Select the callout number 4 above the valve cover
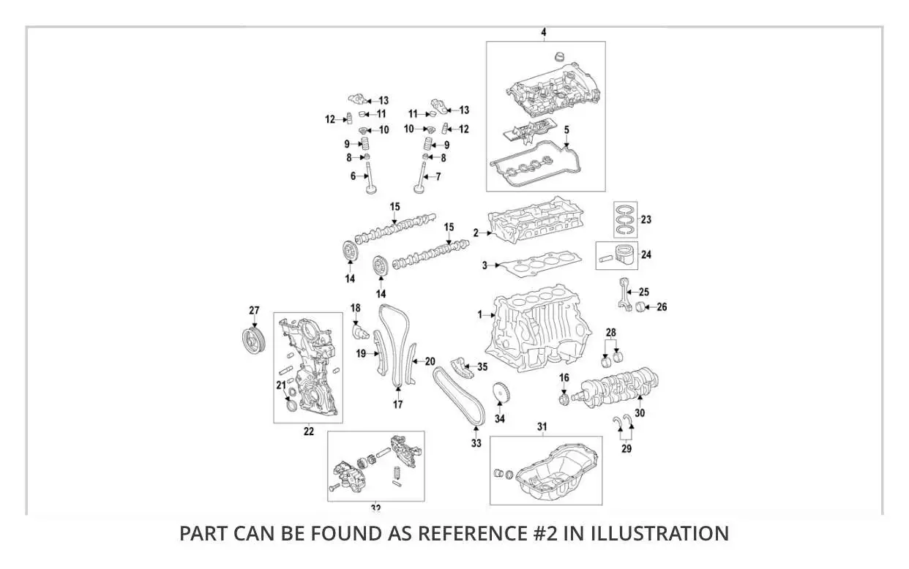tap(543, 32)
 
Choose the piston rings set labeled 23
tap(626, 219)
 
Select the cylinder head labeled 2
tap(534, 223)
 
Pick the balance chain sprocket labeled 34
tap(501, 393)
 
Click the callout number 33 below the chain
tap(476, 443)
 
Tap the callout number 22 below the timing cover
tap(308, 432)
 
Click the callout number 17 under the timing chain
tap(397, 404)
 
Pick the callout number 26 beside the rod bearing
tap(662, 307)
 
